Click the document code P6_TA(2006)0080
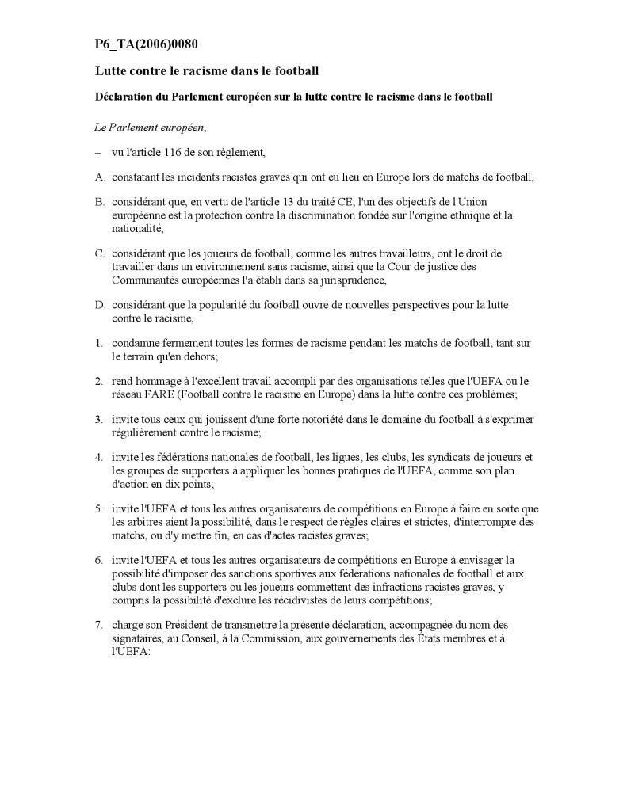[x=151, y=44]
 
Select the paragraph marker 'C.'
[x=100, y=253]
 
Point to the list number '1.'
[x=99, y=342]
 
